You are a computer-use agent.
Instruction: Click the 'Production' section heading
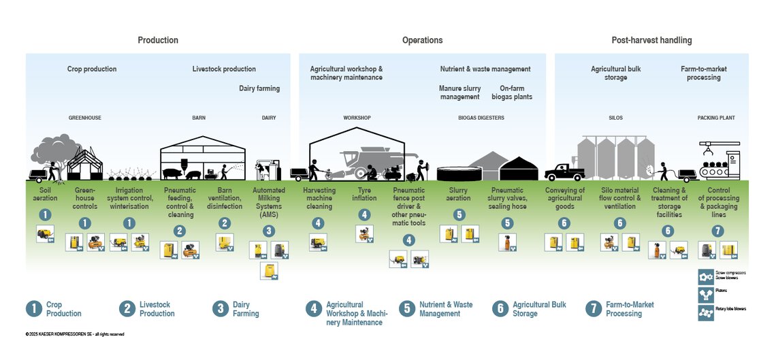pyautogui.click(x=158, y=40)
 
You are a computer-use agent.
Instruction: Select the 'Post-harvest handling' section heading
pyautogui.click(x=651, y=40)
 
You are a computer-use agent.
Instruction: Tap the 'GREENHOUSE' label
pyautogui.click(x=84, y=118)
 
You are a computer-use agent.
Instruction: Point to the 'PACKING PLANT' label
pyautogui.click(x=716, y=118)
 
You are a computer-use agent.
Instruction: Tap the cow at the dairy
pyautogui.click(x=261, y=169)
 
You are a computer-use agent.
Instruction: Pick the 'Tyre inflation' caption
pyautogui.click(x=365, y=194)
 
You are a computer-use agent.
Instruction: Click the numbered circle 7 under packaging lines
pyautogui.click(x=718, y=231)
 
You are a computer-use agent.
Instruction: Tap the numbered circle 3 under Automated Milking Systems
pyautogui.click(x=269, y=231)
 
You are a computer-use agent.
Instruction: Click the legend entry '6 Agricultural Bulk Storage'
pyautogui.click(x=530, y=309)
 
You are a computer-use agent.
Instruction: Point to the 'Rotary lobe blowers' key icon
pyautogui.click(x=705, y=312)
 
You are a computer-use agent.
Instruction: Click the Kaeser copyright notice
pyautogui.click(x=74, y=334)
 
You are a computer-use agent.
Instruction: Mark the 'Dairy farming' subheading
pyautogui.click(x=259, y=88)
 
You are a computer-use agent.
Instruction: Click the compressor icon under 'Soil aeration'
pyautogui.click(x=45, y=234)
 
